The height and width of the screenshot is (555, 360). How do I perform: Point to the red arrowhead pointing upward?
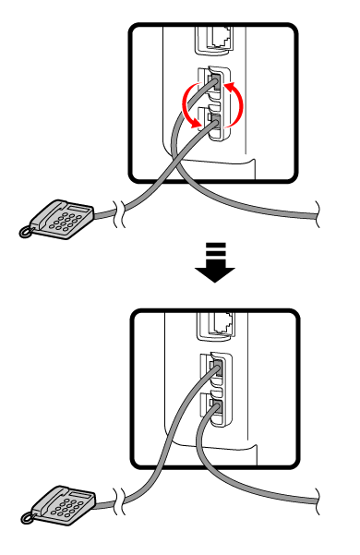pos(232,86)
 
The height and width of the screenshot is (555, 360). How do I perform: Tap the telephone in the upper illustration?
pos(59,220)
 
